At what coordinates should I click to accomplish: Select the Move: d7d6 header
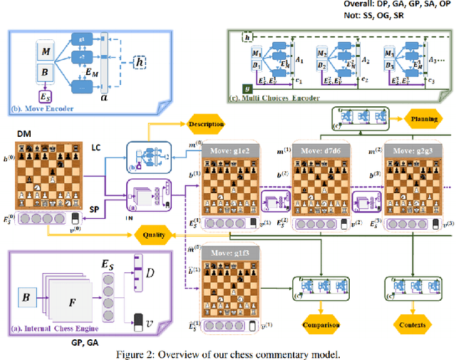[x=321, y=151]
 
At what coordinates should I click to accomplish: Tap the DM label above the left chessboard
[x=24, y=133]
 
